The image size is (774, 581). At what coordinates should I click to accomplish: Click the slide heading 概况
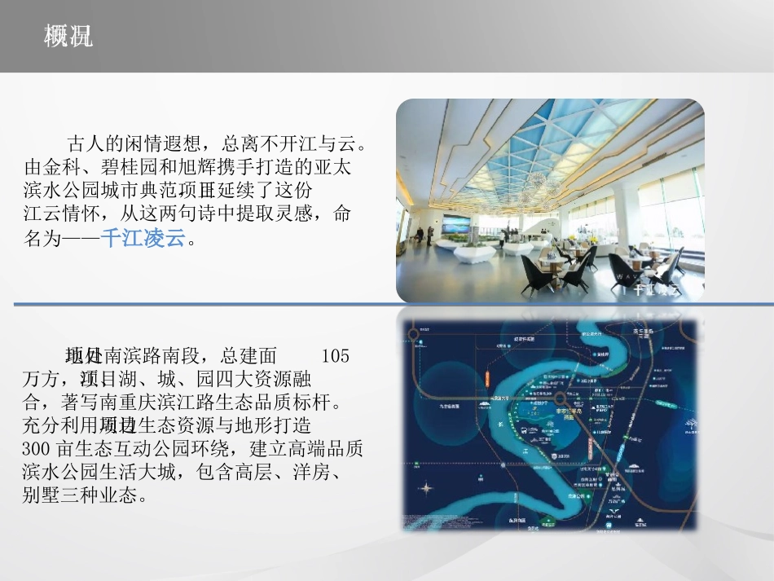[x=68, y=36]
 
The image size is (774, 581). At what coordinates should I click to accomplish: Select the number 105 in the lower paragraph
[x=335, y=356]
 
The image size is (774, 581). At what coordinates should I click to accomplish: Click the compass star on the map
[x=425, y=489]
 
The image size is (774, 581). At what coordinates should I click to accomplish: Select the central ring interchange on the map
[x=563, y=399]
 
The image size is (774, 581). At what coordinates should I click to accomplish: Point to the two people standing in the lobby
[x=423, y=235]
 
